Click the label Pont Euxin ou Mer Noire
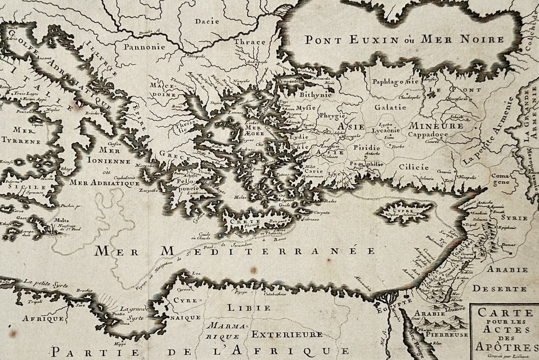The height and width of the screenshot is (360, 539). coord(397,40)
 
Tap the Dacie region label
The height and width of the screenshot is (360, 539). coord(207,21)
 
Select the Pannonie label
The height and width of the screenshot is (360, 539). coord(144,48)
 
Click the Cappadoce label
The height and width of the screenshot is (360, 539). coord(428,134)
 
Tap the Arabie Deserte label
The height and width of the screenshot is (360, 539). coord(500,279)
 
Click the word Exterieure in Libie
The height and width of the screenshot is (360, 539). coord(287,334)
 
